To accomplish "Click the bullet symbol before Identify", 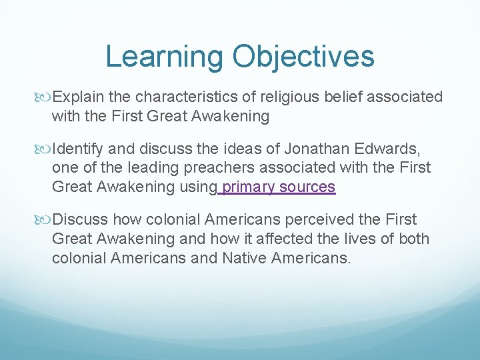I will point(45,149).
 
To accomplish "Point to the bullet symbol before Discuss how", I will point(45,220).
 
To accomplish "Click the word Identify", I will point(78,148).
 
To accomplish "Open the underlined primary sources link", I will point(278,187).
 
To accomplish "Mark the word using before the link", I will point(197,187).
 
